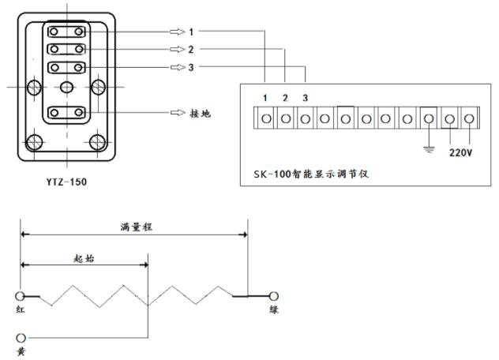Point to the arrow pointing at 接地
click(177, 114)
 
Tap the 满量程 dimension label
click(137, 226)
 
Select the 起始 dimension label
click(84, 257)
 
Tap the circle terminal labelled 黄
click(21, 338)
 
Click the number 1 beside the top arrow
click(191, 32)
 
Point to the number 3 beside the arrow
click(191, 68)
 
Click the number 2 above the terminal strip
click(285, 98)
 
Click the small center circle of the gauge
click(68, 86)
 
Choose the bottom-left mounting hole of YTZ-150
click(34, 142)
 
